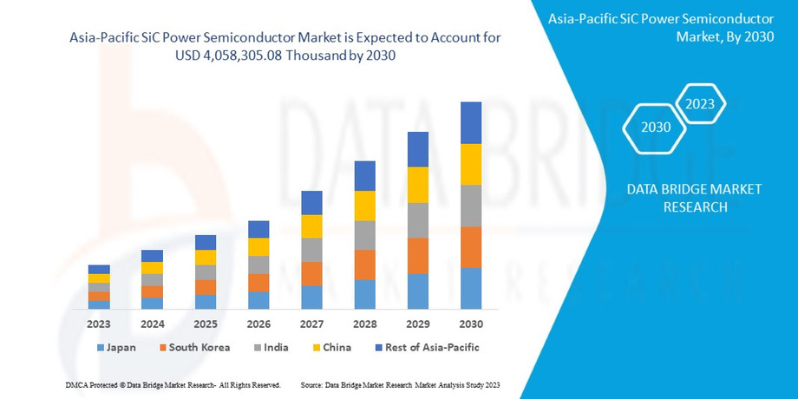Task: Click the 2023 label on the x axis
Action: pyautogui.click(x=99, y=324)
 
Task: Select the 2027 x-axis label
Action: pyautogui.click(x=311, y=324)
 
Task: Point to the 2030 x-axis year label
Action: pyautogui.click(x=471, y=324)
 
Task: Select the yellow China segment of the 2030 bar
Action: pyautogui.click(x=471, y=164)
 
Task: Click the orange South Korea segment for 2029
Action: pyautogui.click(x=418, y=256)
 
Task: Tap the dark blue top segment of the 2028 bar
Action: pyautogui.click(x=364, y=176)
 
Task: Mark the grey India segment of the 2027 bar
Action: pyautogui.click(x=311, y=250)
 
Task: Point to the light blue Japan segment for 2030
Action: pyautogui.click(x=471, y=288)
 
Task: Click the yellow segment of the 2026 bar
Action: pyautogui.click(x=258, y=247)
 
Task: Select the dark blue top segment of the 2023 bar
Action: pyautogui.click(x=99, y=269)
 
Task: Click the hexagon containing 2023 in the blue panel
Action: pyautogui.click(x=700, y=104)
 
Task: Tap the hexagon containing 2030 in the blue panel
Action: pyautogui.click(x=656, y=128)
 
